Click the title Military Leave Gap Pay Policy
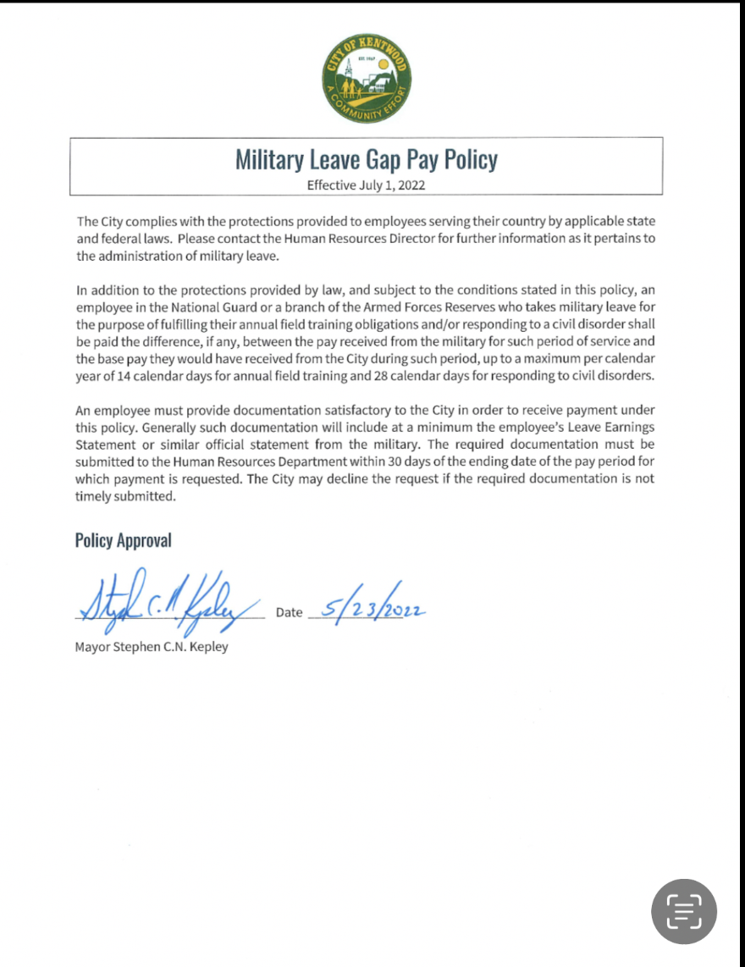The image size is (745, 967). (366, 159)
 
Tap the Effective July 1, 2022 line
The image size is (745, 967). (366, 184)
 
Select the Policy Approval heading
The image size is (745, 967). (123, 540)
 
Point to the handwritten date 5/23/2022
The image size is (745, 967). (369, 607)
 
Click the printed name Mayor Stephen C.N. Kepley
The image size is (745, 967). (152, 648)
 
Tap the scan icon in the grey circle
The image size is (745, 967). (683, 910)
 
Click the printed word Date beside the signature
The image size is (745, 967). (289, 613)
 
